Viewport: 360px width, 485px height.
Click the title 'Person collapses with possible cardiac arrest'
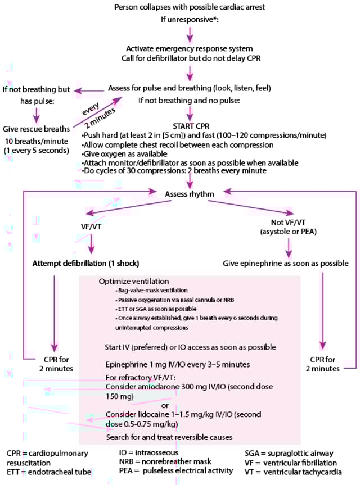[190, 7]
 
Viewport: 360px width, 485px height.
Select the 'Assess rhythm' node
[190, 194]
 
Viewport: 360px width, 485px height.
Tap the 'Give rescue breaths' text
[37, 129]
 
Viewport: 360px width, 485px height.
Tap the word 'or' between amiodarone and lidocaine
[165, 406]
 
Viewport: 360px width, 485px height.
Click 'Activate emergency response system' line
[190, 49]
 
